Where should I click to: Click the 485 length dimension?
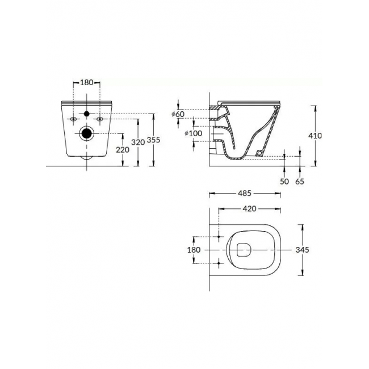click(245, 193)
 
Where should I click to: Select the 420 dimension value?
click(249, 209)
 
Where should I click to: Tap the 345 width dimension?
click(302, 250)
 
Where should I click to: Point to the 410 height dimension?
click(315, 136)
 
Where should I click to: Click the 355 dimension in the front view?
click(153, 140)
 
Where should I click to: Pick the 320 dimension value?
click(138, 142)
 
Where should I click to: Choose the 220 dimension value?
click(123, 150)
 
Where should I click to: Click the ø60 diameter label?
click(178, 114)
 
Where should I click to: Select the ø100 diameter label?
click(194, 133)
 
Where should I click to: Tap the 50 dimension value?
click(284, 182)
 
